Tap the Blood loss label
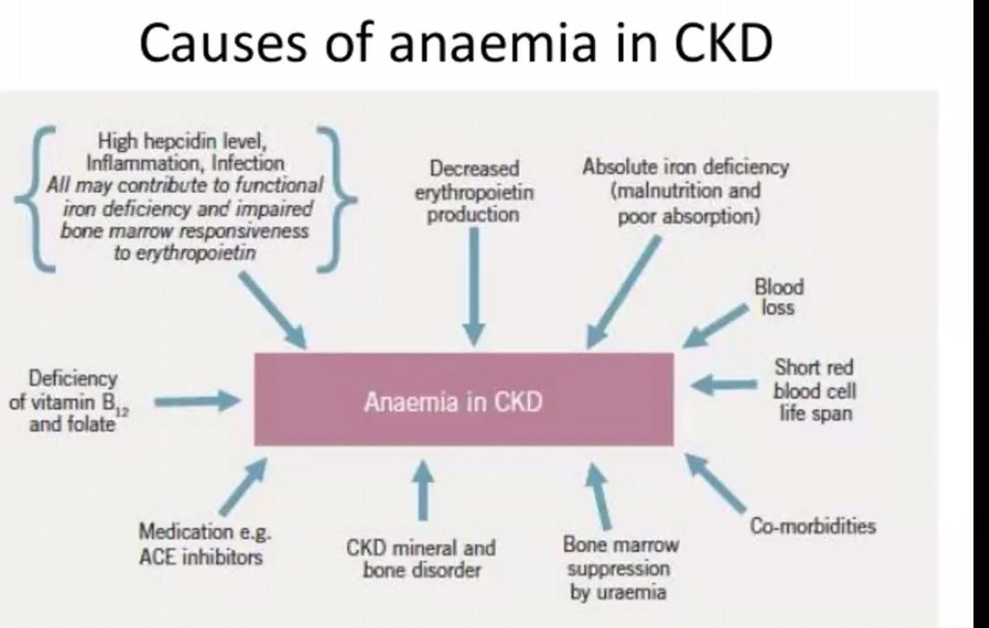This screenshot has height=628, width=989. (778, 297)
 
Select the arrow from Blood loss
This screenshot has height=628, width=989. (714, 327)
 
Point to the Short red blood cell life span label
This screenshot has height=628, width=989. (813, 389)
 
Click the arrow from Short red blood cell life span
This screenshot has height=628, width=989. (724, 384)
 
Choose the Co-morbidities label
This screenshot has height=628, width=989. (813, 526)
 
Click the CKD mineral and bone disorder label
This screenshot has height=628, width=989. (421, 558)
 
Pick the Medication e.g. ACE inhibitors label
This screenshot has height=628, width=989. (200, 544)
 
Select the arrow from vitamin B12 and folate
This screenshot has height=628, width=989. (197, 401)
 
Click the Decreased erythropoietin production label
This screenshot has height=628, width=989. (473, 191)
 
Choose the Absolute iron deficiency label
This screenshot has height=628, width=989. (685, 191)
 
